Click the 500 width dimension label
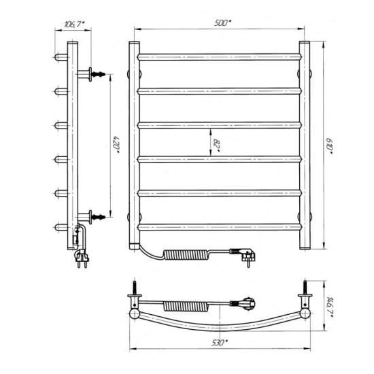click(x=222, y=23)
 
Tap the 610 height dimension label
click(x=329, y=146)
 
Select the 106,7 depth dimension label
click(x=74, y=24)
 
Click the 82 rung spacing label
click(x=216, y=145)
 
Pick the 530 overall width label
click(x=220, y=343)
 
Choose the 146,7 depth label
click(x=330, y=307)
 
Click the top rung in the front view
click(x=220, y=57)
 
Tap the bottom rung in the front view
click(x=220, y=227)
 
